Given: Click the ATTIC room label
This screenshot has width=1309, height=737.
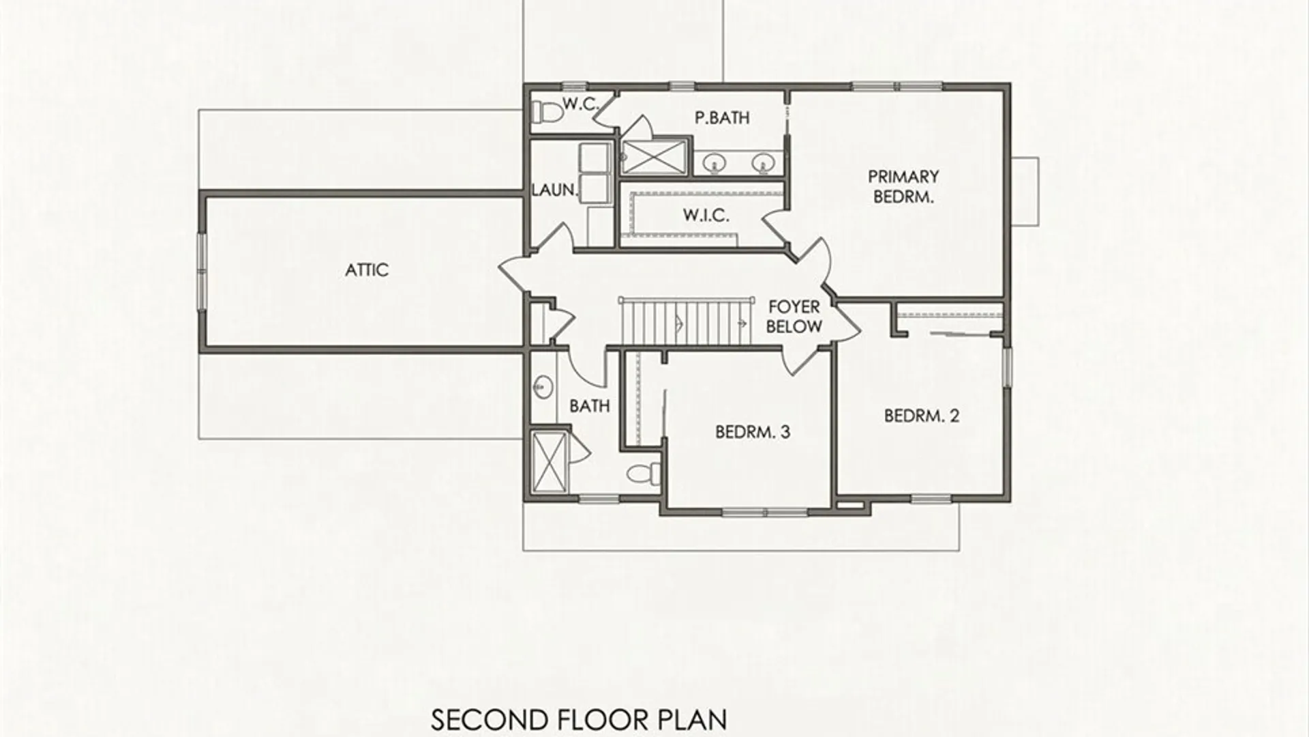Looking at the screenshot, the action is (x=367, y=270).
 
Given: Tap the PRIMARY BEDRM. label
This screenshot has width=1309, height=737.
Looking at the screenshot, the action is (x=903, y=187).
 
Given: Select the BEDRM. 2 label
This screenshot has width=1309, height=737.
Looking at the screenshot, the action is (x=922, y=416).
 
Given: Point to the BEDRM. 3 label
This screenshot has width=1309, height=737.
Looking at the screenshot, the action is (x=753, y=432).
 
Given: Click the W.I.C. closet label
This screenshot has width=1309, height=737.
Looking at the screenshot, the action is (x=706, y=216).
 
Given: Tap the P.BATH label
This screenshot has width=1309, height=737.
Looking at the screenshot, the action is (x=722, y=118).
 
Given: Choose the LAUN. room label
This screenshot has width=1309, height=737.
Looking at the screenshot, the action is (x=554, y=190).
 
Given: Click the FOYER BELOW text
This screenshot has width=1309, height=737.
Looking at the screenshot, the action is (x=794, y=317).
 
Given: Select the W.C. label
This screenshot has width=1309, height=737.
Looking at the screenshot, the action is (x=580, y=104).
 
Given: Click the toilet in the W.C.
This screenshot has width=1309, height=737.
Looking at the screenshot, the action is (x=545, y=111).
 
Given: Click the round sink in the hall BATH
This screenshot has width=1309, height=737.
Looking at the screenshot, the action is (x=543, y=388).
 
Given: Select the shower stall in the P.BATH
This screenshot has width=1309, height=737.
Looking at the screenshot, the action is (x=654, y=156).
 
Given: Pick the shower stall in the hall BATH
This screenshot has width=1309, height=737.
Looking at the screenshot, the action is (x=549, y=462).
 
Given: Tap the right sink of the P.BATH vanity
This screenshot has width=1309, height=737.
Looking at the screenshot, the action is (x=763, y=162).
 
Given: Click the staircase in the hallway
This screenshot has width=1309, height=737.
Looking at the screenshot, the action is (x=686, y=322).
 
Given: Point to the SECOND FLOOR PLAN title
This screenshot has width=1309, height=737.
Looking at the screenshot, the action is (x=579, y=719).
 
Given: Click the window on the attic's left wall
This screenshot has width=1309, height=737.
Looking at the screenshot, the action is (x=202, y=271).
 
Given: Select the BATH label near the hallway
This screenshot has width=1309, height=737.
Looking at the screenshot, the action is (x=590, y=406).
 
